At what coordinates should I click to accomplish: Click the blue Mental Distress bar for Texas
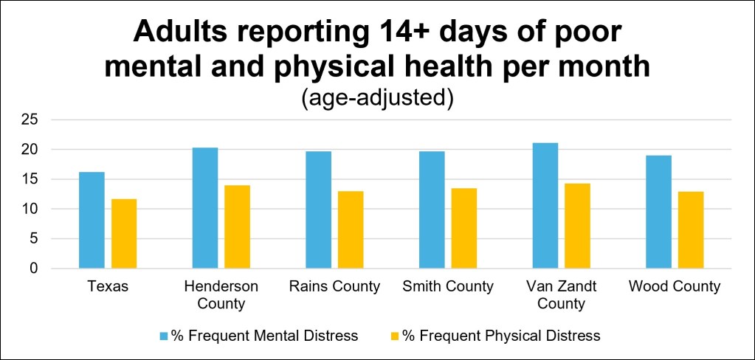point(92,220)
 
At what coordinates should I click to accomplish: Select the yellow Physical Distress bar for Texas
point(124,233)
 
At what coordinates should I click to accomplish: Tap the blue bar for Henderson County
point(205,208)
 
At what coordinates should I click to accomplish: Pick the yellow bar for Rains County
point(351,229)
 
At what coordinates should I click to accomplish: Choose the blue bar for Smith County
point(432,210)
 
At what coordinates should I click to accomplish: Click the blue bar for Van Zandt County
point(545,206)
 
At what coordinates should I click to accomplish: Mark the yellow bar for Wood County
point(692,230)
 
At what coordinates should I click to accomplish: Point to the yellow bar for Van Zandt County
point(578,226)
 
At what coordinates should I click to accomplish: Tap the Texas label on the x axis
point(108,287)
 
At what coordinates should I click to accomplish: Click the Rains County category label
point(334,287)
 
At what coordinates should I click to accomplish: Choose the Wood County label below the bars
point(675,287)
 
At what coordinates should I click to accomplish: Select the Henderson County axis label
point(221,296)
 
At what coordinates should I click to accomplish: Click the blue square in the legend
point(164,336)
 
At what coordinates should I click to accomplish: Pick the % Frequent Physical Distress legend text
point(502,336)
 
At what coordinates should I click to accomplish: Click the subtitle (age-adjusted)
point(377,100)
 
